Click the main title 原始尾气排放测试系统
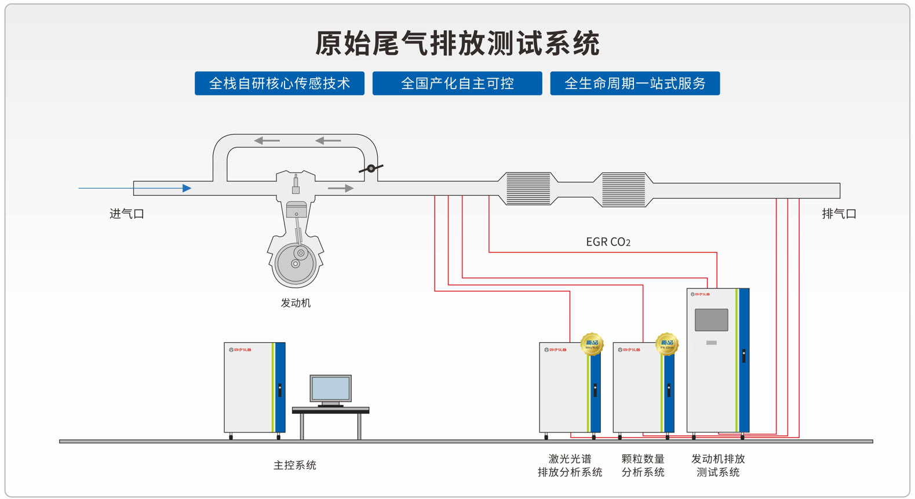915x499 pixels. (457, 43)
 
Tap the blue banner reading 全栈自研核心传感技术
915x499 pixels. (279, 83)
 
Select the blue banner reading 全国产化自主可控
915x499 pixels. (457, 83)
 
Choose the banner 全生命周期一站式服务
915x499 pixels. (635, 83)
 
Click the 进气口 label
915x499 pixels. (126, 214)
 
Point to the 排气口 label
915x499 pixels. (839, 214)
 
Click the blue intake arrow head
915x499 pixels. (187, 188)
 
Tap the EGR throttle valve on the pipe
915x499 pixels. (371, 168)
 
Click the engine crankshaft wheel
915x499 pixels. (296, 263)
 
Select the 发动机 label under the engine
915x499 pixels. (296, 303)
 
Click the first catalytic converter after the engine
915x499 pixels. (528, 188)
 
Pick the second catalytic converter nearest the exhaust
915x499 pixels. (623, 189)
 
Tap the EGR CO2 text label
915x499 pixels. (608, 242)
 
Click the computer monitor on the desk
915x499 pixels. (330, 388)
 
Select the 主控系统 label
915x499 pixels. (294, 465)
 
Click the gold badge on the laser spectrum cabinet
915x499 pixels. (592, 344)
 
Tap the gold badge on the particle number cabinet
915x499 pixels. (666, 344)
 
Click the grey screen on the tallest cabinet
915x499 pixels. (711, 320)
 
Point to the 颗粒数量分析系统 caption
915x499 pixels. (643, 465)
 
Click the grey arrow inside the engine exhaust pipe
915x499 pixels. (341, 188)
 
